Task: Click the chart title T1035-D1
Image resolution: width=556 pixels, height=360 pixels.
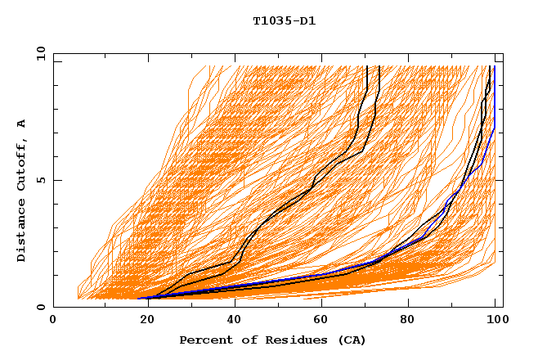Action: pyautogui.click(x=284, y=21)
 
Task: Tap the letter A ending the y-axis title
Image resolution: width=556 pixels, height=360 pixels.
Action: pyautogui.click(x=21, y=124)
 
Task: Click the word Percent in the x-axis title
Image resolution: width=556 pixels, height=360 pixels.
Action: pyautogui.click(x=205, y=340)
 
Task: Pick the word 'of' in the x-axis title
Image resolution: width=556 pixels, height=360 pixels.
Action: pyautogui.click(x=244, y=340)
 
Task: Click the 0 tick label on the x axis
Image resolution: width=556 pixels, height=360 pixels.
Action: pyautogui.click(x=53, y=321)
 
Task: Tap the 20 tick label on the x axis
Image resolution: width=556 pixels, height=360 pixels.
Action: pyautogui.click(x=142, y=321)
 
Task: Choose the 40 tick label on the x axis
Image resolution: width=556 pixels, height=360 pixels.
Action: pyautogui.click(x=231, y=321)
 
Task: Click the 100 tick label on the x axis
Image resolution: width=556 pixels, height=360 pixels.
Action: pyautogui.click(x=495, y=321)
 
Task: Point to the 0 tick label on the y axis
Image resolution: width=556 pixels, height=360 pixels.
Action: pyautogui.click(x=42, y=308)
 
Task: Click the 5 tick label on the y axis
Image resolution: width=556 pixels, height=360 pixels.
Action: pyautogui.click(x=42, y=181)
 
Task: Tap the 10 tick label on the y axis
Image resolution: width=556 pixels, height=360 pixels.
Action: pyautogui.click(x=40, y=54)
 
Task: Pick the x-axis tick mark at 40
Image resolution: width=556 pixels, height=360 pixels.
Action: pyautogui.click(x=231, y=304)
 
